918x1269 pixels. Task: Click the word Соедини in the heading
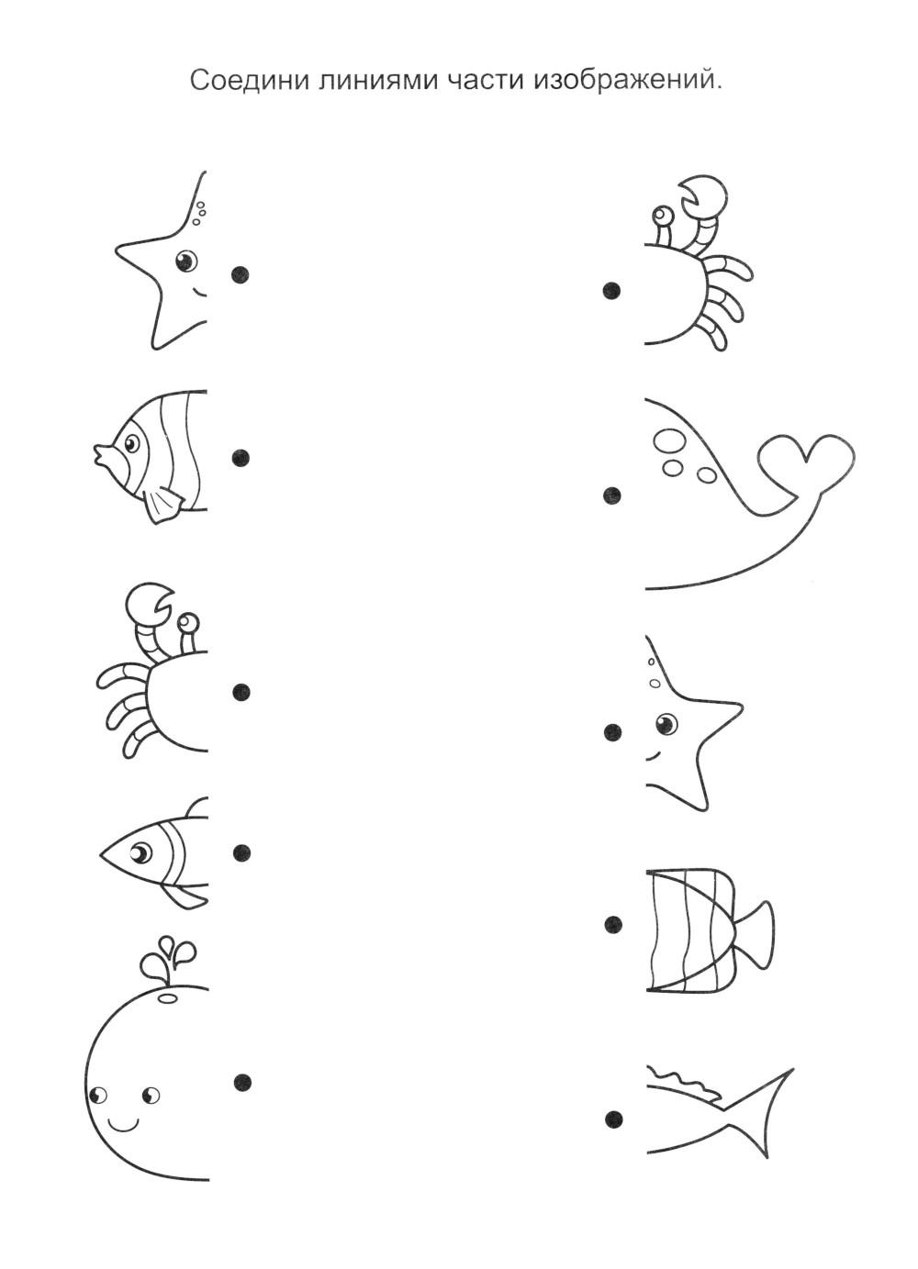249,81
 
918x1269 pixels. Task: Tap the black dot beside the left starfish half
241,275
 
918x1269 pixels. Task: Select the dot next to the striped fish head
241,457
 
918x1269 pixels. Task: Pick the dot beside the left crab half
241,691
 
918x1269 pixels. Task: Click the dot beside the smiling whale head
242,1082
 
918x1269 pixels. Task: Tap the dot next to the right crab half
611,291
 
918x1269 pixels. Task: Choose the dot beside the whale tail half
612,495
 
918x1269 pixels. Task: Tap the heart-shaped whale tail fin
808,462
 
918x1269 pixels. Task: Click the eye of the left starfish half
185,262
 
